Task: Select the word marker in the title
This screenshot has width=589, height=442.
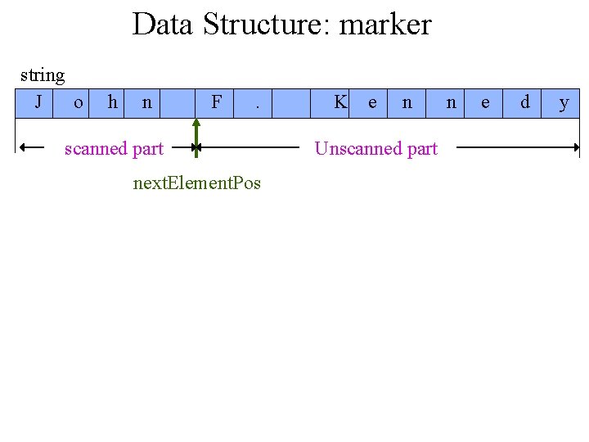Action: [384, 25]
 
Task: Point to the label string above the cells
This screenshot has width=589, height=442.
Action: [42, 75]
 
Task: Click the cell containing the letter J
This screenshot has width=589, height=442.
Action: [38, 103]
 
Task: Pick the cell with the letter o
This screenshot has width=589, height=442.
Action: [78, 103]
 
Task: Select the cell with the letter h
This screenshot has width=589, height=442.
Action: [112, 103]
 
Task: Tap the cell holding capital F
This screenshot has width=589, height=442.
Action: [216, 103]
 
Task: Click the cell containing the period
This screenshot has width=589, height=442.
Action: [257, 103]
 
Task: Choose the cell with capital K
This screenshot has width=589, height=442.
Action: [340, 103]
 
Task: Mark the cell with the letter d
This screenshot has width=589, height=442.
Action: [524, 103]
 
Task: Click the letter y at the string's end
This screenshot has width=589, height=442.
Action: [563, 103]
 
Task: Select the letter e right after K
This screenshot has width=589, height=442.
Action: [373, 103]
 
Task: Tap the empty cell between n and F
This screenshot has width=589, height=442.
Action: [179, 103]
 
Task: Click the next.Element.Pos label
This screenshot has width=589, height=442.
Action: [196, 183]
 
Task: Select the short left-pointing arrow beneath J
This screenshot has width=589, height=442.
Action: [32, 147]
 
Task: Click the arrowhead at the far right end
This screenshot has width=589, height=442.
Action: [574, 148]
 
